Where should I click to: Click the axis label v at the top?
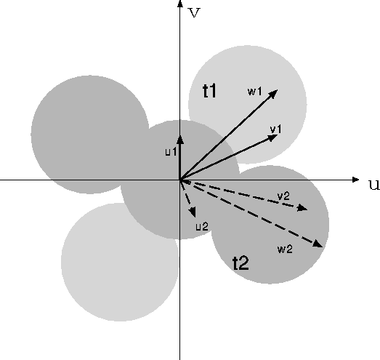pos(195,13)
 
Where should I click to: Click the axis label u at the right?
pos(374,185)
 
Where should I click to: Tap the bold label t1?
pos(209,91)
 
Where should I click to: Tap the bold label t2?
pos(240,263)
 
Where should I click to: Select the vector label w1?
pos(255,92)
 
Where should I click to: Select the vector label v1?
pos(276,129)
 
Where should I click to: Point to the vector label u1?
pos(171,152)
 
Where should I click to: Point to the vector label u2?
pos(202,227)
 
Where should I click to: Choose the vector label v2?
pos(283,196)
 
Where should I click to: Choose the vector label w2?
pos(285,249)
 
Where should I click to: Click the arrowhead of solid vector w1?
pos(274,93)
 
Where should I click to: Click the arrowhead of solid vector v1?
pos(273,137)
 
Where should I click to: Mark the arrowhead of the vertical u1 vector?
pos(179,140)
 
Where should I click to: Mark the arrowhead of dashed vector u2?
pos(193,212)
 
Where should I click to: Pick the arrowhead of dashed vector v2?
pos(302,208)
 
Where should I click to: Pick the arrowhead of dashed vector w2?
pos(318,244)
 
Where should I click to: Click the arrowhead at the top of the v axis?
pos(179,4)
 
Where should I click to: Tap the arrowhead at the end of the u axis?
pos(355,180)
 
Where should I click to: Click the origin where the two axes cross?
pos(179,180)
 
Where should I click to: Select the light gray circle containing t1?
pos(248,105)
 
